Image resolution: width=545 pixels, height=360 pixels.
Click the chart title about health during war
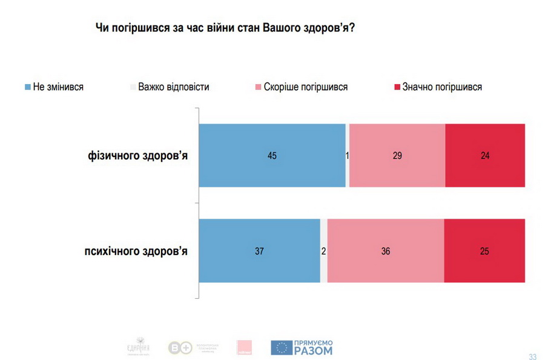pos(225,28)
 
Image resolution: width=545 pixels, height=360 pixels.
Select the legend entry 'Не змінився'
pos(58,87)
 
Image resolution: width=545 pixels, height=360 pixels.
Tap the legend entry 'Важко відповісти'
pos(173,87)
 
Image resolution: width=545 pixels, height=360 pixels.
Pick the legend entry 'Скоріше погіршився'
pos(305,87)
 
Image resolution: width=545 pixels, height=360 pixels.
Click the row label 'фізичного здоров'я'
pos(137,156)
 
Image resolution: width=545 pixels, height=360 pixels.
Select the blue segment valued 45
pos(272,155)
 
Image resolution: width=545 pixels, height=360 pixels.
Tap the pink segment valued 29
pos(397,155)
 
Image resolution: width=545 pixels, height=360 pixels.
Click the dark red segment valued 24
pos(484,155)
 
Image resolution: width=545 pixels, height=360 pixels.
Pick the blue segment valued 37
pos(259,250)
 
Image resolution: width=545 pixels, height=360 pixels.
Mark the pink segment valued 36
pos(385,250)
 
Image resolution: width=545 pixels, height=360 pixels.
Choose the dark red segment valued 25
pos(484,250)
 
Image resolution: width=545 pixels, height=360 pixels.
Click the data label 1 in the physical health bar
pos(347,156)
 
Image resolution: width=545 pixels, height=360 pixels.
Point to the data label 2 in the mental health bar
pos(323,251)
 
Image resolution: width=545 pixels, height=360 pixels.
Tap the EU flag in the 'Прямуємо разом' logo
pos(280,347)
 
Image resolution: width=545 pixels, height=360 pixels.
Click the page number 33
pos(532,356)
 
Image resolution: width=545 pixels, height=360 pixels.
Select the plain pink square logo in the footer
pos(245,347)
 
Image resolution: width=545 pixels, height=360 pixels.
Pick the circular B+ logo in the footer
pos(180,347)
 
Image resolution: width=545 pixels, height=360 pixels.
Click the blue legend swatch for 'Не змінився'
pos(28,87)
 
